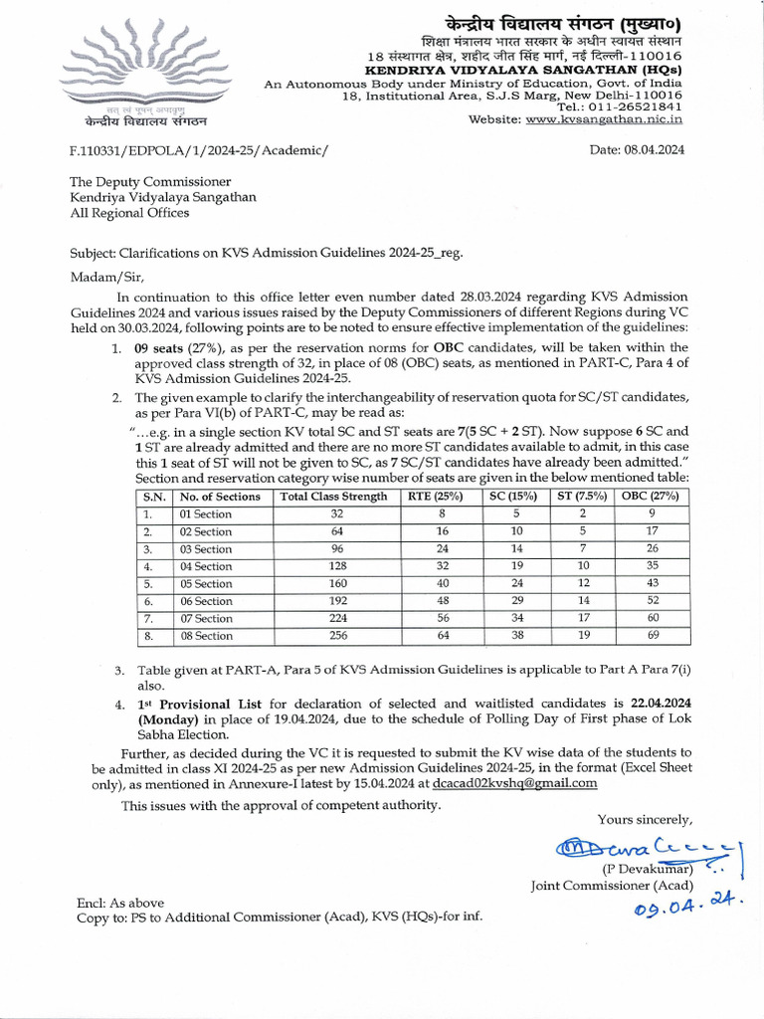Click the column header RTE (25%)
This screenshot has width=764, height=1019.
pyautogui.click(x=435, y=497)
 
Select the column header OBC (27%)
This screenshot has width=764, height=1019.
pyautogui.click(x=652, y=497)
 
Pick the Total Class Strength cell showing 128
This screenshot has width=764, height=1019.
pyautogui.click(x=336, y=566)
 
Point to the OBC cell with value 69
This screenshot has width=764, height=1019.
pyautogui.click(x=652, y=636)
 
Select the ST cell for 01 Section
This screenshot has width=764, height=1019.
pyautogui.click(x=582, y=514)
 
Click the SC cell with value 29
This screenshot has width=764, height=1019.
pyautogui.click(x=516, y=601)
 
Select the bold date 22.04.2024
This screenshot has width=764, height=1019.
pyautogui.click(x=654, y=703)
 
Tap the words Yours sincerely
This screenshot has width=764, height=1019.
pyautogui.click(x=645, y=819)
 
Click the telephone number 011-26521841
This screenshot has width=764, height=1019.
pyautogui.click(x=635, y=106)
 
